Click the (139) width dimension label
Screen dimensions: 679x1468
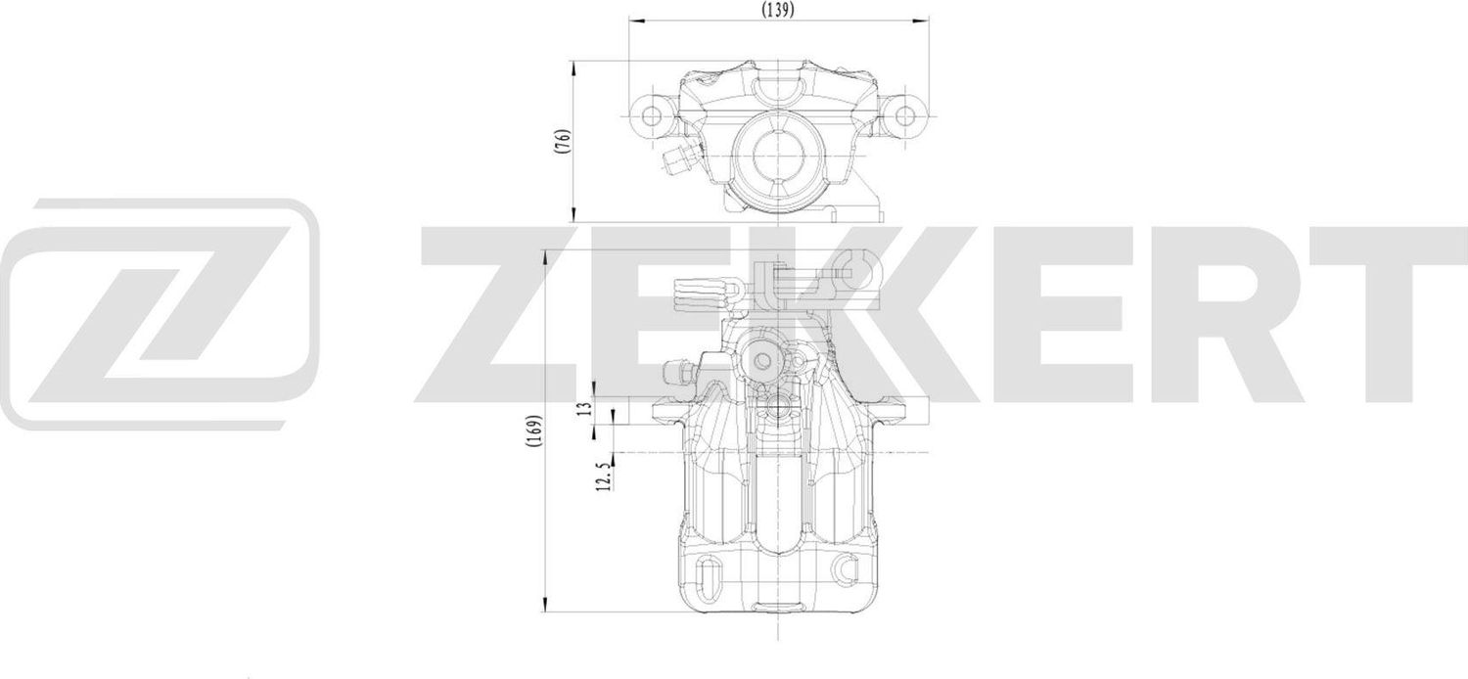click(777, 9)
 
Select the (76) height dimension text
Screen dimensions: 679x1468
click(561, 141)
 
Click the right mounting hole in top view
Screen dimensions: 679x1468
click(903, 116)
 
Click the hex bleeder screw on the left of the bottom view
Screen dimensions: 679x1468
click(675, 373)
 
